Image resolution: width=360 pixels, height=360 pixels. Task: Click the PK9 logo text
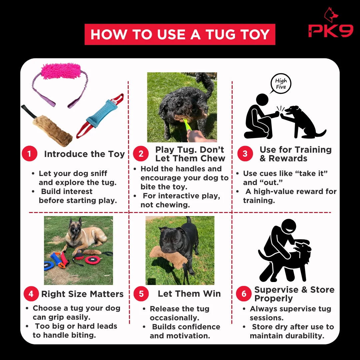331,31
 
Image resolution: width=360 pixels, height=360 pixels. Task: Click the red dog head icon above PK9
331,15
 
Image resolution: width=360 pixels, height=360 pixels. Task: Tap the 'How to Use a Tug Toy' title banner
180,34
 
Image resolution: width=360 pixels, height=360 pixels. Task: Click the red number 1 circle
29,153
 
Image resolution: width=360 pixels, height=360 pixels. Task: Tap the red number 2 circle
141,153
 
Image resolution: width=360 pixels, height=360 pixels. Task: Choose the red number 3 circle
245,153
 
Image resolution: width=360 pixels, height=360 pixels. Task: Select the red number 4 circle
31,294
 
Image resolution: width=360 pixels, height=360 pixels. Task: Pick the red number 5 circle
141,294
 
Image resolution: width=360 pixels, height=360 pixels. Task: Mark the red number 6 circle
244,294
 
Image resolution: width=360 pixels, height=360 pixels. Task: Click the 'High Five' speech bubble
281,84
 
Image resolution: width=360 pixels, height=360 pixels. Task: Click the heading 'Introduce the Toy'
84,154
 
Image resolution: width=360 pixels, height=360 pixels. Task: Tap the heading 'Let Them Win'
189,294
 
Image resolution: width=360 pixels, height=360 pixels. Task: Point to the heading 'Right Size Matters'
82,294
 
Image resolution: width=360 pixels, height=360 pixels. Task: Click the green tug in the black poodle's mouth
187,124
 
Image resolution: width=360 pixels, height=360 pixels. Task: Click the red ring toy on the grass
93,260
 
